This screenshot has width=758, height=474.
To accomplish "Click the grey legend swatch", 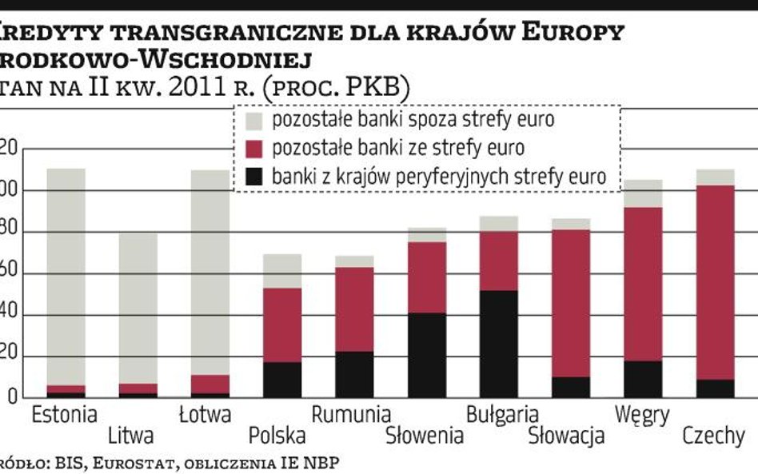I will point(253,121).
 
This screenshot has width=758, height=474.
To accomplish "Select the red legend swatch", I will point(253,149).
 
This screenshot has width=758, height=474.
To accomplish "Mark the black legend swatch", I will point(253,177).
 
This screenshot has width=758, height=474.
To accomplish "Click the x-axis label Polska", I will point(277,436).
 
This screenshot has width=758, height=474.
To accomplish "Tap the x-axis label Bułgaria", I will point(501,416).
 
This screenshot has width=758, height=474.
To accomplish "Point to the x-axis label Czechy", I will point(713,436).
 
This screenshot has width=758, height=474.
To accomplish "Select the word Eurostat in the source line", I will point(106,463).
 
